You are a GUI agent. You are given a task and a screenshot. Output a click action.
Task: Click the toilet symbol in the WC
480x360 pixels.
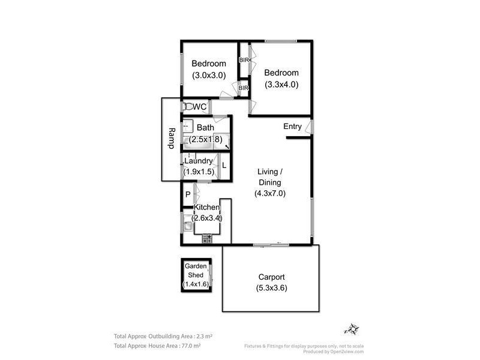[x=188, y=107]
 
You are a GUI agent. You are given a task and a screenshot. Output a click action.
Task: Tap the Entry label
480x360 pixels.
[x=292, y=127]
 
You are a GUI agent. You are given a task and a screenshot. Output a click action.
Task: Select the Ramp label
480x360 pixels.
[x=171, y=139]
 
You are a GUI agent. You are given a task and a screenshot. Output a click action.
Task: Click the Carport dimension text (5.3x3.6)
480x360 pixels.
[x=271, y=288]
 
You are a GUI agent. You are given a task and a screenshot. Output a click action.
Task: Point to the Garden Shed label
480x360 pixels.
[x=196, y=271]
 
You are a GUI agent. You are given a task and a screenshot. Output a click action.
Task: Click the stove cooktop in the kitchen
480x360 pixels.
[x=207, y=238]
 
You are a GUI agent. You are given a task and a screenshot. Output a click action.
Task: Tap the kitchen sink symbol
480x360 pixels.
[x=188, y=226]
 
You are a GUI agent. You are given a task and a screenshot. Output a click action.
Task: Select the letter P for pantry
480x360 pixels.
[x=188, y=194]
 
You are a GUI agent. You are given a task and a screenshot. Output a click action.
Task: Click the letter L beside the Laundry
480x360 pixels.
[x=224, y=166]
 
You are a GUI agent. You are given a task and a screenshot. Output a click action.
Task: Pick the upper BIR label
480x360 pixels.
[x=244, y=60]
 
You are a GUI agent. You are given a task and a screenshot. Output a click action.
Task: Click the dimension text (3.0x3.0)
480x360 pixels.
[x=209, y=76]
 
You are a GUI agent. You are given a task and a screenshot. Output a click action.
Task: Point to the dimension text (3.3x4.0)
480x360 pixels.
[x=281, y=85]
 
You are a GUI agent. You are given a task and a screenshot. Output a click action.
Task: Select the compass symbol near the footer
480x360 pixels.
[x=352, y=329]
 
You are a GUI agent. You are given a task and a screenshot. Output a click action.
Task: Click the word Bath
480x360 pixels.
[x=205, y=127]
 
